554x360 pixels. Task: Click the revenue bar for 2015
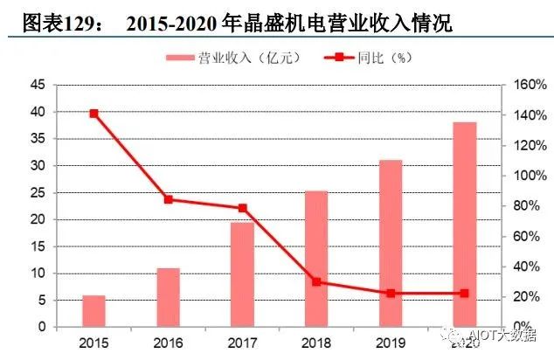tap(93, 311)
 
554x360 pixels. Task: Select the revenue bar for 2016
tap(168, 297)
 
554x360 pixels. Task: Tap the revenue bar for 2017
tap(242, 274)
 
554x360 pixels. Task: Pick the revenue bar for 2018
tap(316, 259)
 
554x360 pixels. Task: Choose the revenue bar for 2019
tap(391, 244)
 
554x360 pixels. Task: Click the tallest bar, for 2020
tap(465, 225)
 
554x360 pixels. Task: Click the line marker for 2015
tap(93, 114)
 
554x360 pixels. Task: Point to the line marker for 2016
tap(168, 199)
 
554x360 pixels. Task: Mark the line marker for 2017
tap(242, 208)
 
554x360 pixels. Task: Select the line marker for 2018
tap(316, 281)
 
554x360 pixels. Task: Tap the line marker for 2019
tap(391, 294)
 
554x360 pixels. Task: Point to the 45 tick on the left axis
tap(36, 85)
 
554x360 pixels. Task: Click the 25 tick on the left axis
tap(36, 192)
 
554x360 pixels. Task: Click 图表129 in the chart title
tap(42, 24)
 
